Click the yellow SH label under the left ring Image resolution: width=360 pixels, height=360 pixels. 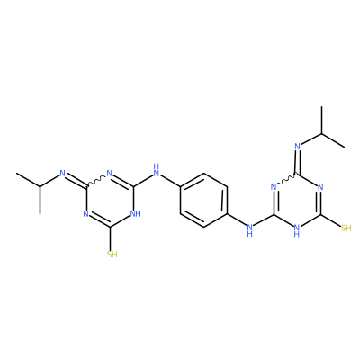(x=112, y=255)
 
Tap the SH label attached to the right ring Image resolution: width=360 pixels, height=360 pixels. (x=346, y=229)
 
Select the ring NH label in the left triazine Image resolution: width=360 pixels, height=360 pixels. (x=135, y=213)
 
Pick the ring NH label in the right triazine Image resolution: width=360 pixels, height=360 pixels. (x=297, y=231)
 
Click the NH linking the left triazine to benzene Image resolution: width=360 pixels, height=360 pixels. (x=156, y=170)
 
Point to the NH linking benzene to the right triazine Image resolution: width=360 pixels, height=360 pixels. (x=249, y=230)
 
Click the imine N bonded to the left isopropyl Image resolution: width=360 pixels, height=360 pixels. (x=63, y=173)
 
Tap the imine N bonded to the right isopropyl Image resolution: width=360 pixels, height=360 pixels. (x=297, y=147)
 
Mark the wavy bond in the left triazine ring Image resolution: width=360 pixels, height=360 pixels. (x=96, y=181)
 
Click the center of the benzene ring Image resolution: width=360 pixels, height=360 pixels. (x=204, y=200)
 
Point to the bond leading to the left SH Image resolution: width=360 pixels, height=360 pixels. (x=112, y=238)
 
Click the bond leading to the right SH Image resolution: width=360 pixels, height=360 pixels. (x=330, y=220)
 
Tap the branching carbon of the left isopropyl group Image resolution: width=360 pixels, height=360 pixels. (x=40, y=186)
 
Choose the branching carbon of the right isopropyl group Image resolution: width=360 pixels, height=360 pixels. (x=321, y=133)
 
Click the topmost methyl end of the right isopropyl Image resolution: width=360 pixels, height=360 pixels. (x=321, y=106)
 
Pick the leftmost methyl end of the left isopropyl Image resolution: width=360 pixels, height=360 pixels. (x=16, y=173)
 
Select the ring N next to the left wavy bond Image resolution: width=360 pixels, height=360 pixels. (x=109, y=174)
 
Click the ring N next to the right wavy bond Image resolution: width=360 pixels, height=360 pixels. (x=274, y=187)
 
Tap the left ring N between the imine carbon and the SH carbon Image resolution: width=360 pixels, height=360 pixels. (x=86, y=213)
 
